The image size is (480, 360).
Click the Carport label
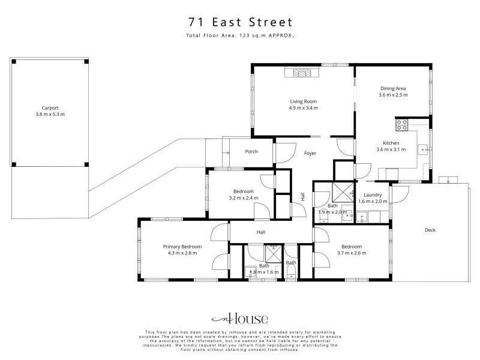[x=50, y=108]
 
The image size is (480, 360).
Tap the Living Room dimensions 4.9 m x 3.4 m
[x=304, y=108]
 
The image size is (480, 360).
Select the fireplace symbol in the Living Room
[x=302, y=73]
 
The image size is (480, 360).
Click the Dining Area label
[x=393, y=88]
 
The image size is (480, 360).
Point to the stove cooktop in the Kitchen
[x=401, y=125]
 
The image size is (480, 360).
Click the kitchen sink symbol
[x=424, y=149]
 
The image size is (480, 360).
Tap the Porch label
[x=251, y=152]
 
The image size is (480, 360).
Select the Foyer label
[x=310, y=153]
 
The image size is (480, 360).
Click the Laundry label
[x=373, y=194]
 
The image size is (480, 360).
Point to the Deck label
[x=430, y=230]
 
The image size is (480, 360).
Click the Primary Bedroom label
[x=182, y=247]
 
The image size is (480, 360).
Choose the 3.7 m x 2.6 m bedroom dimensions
[x=352, y=253]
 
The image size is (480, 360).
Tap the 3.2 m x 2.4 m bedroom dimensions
[x=244, y=198]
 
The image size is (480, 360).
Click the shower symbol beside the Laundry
[x=343, y=193]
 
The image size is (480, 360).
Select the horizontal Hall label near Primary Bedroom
[x=261, y=232]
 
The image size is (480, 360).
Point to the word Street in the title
[x=271, y=22]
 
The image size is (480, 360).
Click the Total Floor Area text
[x=240, y=35]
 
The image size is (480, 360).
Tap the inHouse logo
[x=239, y=319]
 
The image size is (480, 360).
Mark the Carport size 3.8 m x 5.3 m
[x=50, y=114]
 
